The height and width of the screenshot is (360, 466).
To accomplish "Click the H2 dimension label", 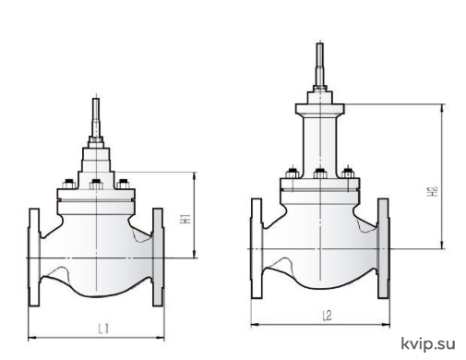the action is coord(432,191).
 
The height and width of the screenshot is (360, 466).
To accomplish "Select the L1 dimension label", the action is coord(103,329).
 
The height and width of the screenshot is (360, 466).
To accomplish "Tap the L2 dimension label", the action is coord(327,316).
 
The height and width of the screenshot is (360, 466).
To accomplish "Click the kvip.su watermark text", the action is coord(428,343).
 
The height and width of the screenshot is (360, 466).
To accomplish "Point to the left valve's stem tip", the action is coord(96,99).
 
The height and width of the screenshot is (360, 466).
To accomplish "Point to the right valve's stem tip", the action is coord(320,44).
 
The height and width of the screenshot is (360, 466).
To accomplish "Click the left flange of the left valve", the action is coord(34,258).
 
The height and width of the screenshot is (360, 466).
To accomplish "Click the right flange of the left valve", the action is coord(158,258).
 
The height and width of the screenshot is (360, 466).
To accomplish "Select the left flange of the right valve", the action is coord(257,248).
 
